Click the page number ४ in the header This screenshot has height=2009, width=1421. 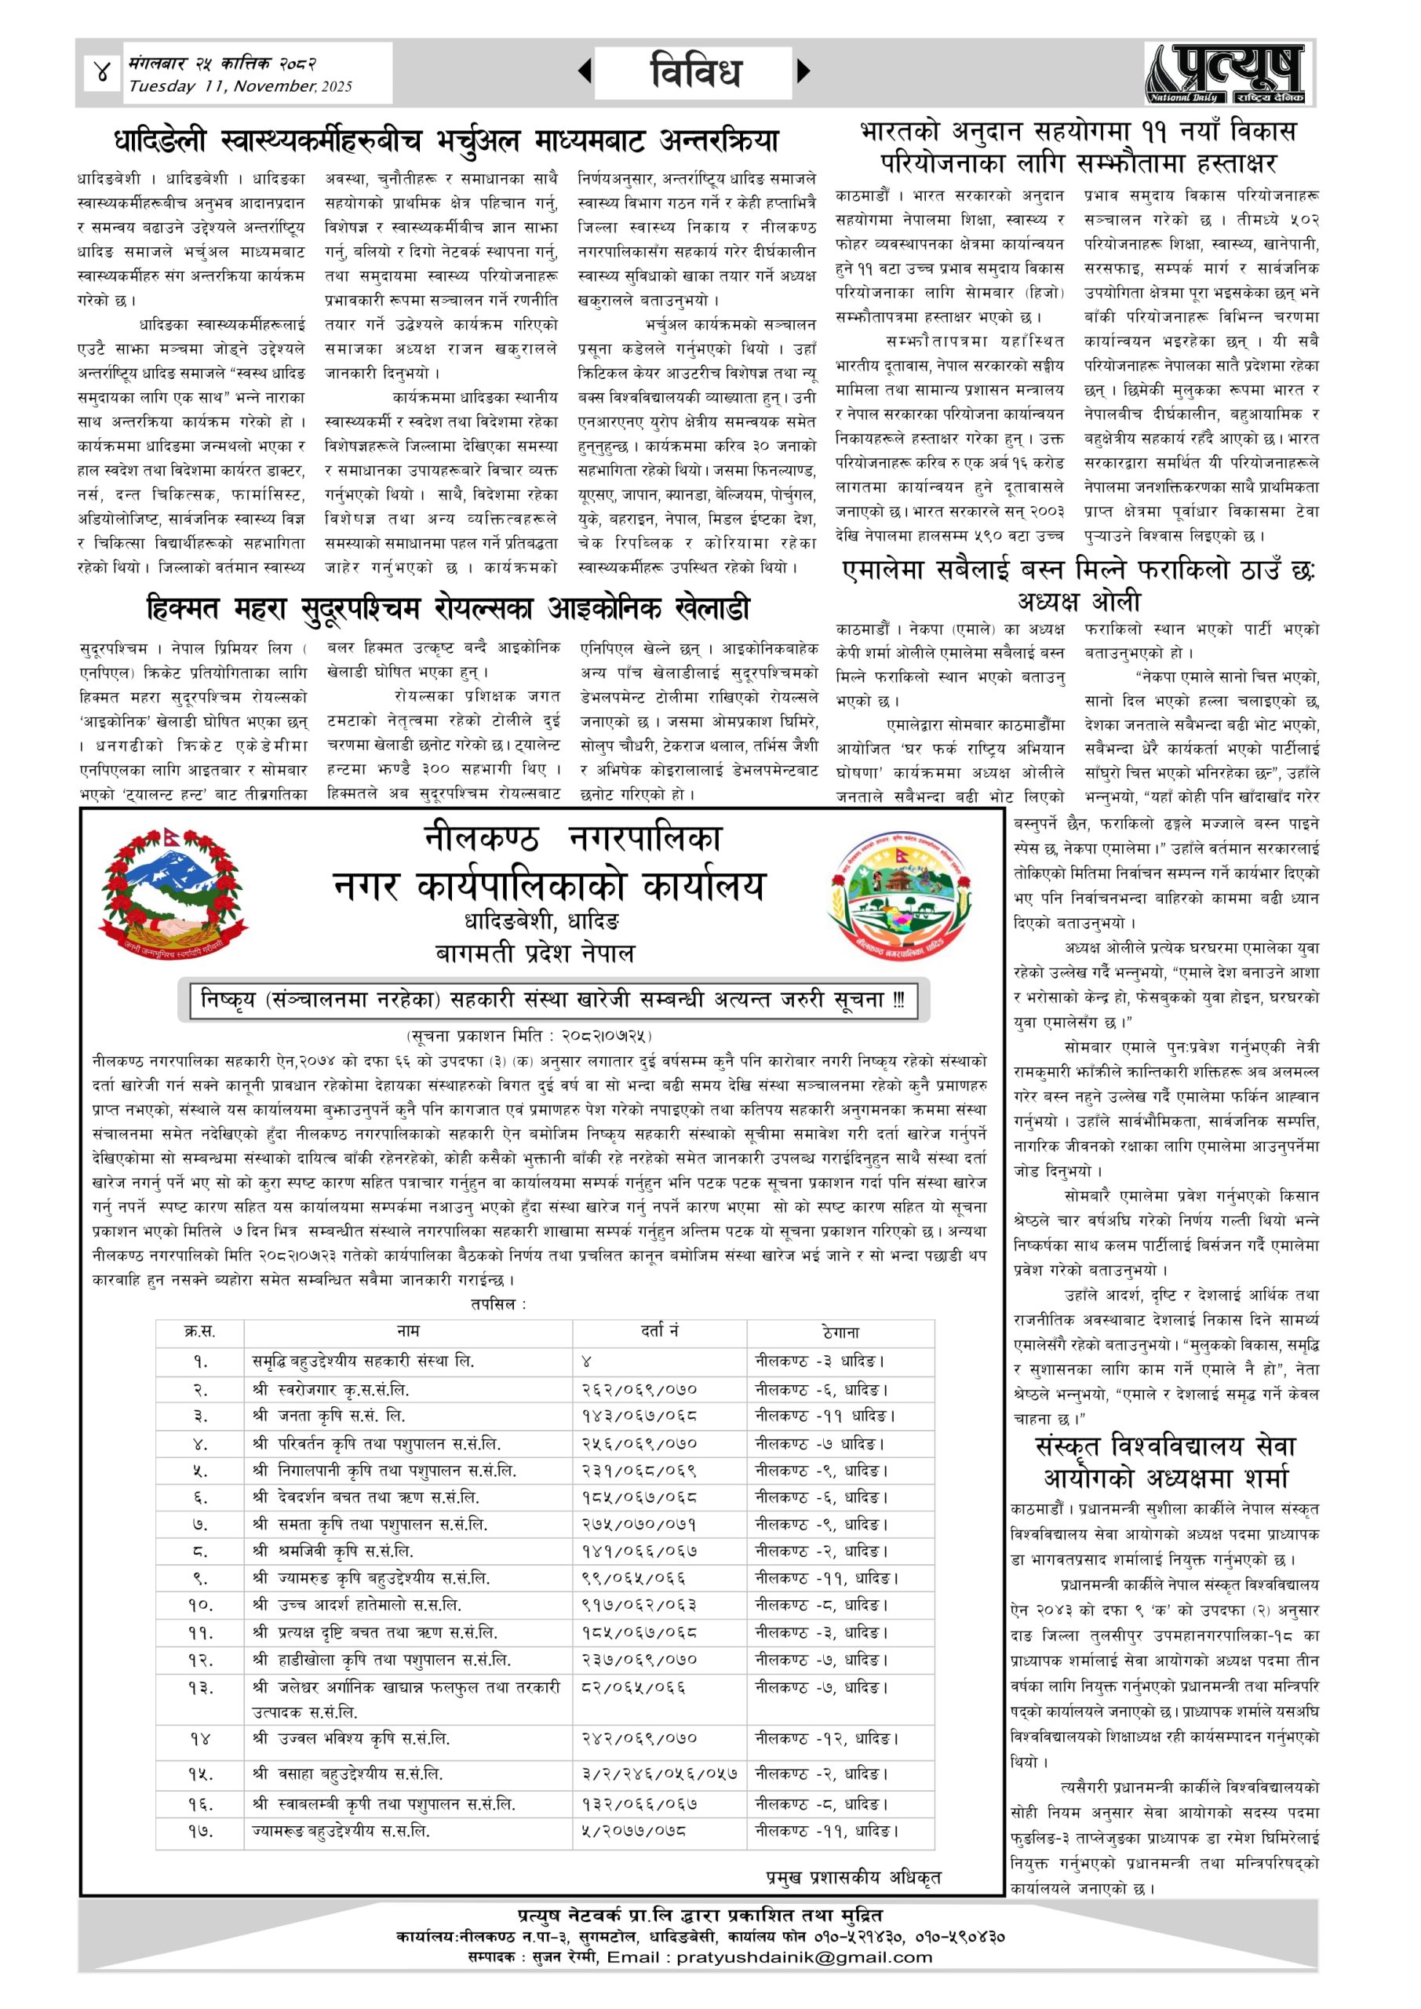pos(104,73)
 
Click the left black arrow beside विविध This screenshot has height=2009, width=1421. pos(585,71)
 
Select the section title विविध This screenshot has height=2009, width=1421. pos(696,71)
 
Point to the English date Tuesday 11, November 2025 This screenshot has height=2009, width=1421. pos(240,86)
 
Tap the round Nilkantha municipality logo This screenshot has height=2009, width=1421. pos(900,896)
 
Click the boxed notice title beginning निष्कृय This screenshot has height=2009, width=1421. pos(553,1000)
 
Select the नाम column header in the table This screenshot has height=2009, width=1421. pos(408,1331)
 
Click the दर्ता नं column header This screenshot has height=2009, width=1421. pos(660,1331)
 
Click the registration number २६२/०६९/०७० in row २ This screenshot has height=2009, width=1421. pos(639,1390)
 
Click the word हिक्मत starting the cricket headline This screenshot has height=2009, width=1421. pos(184,608)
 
